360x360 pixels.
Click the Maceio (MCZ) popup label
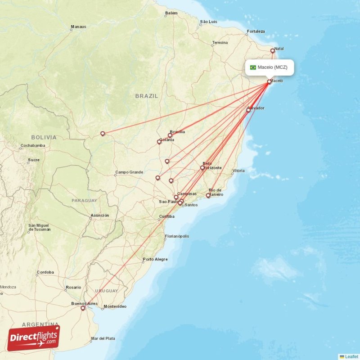point(275,67)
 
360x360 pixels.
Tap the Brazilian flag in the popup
point(253,67)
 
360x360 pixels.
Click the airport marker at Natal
point(272,51)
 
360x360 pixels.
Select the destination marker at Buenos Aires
point(83,308)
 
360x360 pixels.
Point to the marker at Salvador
point(248,110)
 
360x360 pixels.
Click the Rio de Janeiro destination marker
point(208,195)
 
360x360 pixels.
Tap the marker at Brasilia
point(170,135)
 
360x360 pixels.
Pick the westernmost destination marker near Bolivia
point(103,133)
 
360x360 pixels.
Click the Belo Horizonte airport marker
point(202,168)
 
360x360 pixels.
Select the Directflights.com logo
point(33,338)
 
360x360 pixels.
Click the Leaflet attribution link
point(351,356)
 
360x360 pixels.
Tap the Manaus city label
point(78,27)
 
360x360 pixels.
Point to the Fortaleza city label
point(256,31)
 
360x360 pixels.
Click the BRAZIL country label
point(147,96)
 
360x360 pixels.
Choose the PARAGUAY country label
point(84,200)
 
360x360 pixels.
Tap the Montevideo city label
point(115,306)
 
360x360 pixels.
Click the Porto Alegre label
point(155,259)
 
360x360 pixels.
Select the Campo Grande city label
point(129,172)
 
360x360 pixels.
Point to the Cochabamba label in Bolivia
point(32,146)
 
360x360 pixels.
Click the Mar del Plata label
point(103,338)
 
